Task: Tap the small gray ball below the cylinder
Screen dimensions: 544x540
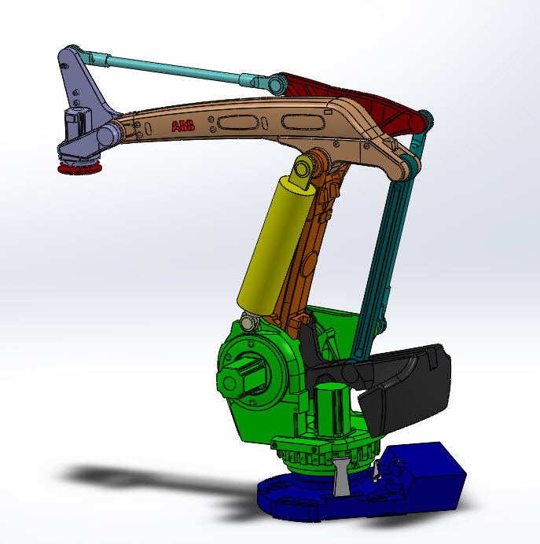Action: pos(250,322)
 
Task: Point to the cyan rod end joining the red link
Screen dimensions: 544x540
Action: pos(275,83)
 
